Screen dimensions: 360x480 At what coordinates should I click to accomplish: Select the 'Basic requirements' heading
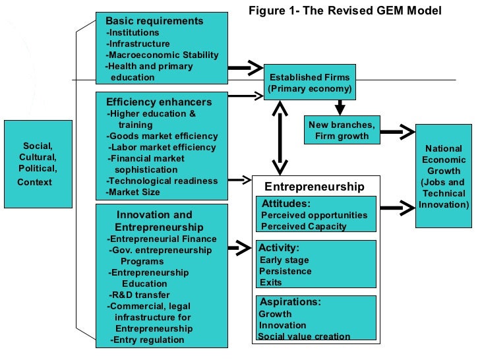pos(154,21)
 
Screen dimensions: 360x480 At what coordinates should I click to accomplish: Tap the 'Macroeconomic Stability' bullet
pos(162,55)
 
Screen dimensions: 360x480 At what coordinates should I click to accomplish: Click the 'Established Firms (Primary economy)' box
pos(309,82)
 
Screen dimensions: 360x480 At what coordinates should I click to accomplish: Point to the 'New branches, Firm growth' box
pos(341,131)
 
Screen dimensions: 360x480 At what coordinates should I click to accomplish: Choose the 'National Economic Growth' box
pos(443,177)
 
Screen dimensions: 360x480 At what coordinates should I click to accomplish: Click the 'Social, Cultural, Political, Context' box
pos(38,164)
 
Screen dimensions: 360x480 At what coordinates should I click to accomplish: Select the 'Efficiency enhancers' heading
pos(159,102)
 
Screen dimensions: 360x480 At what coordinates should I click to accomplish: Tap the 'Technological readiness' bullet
pos(162,181)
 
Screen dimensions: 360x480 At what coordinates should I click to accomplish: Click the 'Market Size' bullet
pos(133,193)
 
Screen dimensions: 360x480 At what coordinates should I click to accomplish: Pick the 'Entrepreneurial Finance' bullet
pos(162,239)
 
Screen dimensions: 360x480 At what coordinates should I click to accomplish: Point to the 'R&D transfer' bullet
pos(139,295)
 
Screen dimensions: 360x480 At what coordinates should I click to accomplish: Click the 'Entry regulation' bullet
pos(148,340)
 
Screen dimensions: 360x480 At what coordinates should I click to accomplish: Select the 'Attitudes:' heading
pos(286,203)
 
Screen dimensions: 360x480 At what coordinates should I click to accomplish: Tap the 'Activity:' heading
pos(279,248)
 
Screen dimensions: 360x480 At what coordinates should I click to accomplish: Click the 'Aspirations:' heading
pos(289,301)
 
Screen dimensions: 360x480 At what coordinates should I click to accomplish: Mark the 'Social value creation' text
pos(304,336)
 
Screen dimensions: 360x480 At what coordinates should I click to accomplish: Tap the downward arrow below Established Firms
pos(340,106)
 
